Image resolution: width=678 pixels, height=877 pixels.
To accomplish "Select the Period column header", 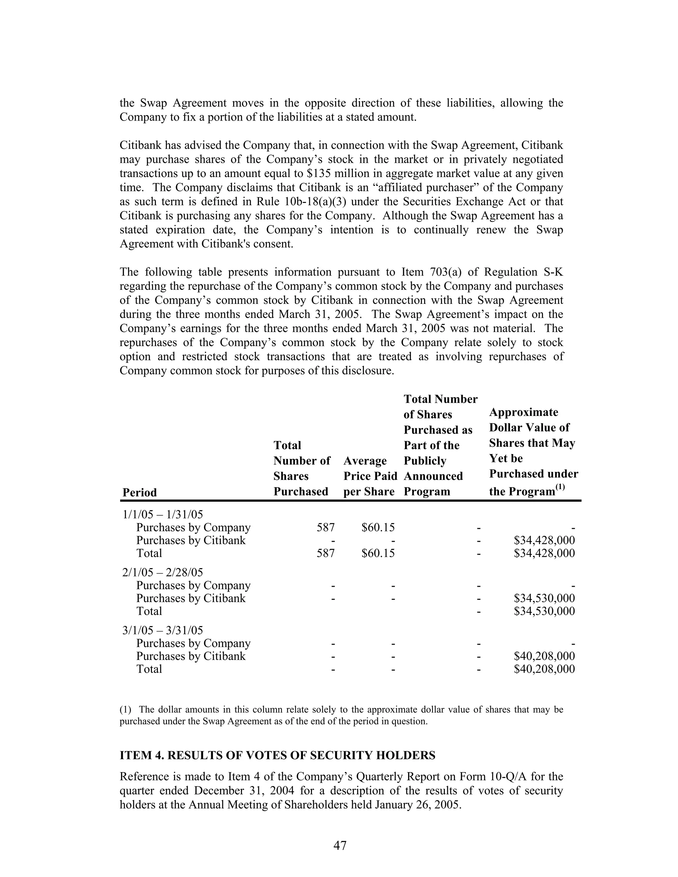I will [x=139, y=492].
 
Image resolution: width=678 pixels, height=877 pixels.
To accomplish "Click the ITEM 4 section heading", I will [x=277, y=755].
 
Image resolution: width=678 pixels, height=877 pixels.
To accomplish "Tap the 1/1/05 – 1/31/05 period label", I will [x=163, y=514].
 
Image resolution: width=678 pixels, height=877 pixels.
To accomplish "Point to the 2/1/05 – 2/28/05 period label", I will [x=163, y=572].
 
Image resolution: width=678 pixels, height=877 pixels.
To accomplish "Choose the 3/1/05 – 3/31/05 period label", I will [x=163, y=630].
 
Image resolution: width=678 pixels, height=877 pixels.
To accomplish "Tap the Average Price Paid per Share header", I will [x=369, y=476].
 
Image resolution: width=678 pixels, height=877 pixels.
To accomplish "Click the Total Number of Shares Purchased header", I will [x=301, y=468].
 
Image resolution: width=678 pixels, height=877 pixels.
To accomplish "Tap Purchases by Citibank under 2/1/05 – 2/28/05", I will [x=191, y=598].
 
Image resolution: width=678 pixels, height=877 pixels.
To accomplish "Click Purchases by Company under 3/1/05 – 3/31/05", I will [x=193, y=643].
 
